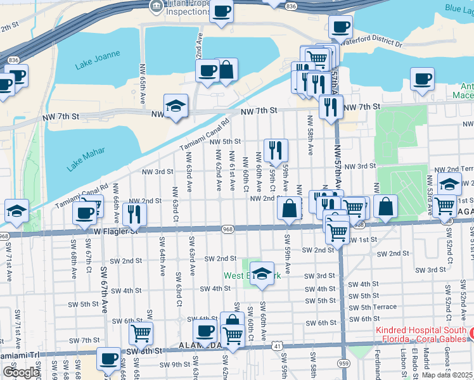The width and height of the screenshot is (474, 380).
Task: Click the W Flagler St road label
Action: (116, 231)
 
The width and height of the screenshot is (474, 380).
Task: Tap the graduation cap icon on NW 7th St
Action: (176, 105)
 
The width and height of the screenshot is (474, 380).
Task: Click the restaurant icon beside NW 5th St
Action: (276, 150)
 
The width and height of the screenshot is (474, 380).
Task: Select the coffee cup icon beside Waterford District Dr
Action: (340, 27)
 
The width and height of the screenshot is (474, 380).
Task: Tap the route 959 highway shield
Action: (342, 364)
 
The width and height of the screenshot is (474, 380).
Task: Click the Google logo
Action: (22, 372)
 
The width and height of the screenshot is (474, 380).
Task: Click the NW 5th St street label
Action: (226, 142)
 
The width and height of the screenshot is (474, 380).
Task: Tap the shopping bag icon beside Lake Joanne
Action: (226, 70)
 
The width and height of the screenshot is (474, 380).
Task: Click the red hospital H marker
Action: (470, 332)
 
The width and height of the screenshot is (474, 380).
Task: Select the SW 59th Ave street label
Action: (287, 254)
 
